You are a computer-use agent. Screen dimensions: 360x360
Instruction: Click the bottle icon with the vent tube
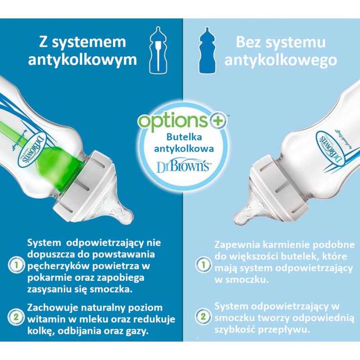pyautogui.click(x=158, y=50)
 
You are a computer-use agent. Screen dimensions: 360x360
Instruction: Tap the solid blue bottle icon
pyautogui.click(x=207, y=50)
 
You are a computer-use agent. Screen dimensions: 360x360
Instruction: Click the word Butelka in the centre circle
pyautogui.click(x=184, y=137)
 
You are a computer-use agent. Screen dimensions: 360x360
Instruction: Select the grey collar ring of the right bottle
pyautogui.click(x=279, y=188)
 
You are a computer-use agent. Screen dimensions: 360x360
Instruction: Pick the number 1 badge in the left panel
pyautogui.click(x=16, y=265)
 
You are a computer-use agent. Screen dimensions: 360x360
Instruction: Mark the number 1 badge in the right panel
pyautogui.click(x=203, y=265)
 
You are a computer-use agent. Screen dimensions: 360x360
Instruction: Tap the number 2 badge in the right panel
pyautogui.click(x=203, y=317)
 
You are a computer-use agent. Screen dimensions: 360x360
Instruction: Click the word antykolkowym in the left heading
pyautogui.click(x=82, y=60)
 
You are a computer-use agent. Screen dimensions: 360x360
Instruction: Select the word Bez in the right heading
pyautogui.click(x=249, y=42)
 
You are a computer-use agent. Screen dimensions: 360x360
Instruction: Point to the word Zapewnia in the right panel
pyautogui.click(x=237, y=245)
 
